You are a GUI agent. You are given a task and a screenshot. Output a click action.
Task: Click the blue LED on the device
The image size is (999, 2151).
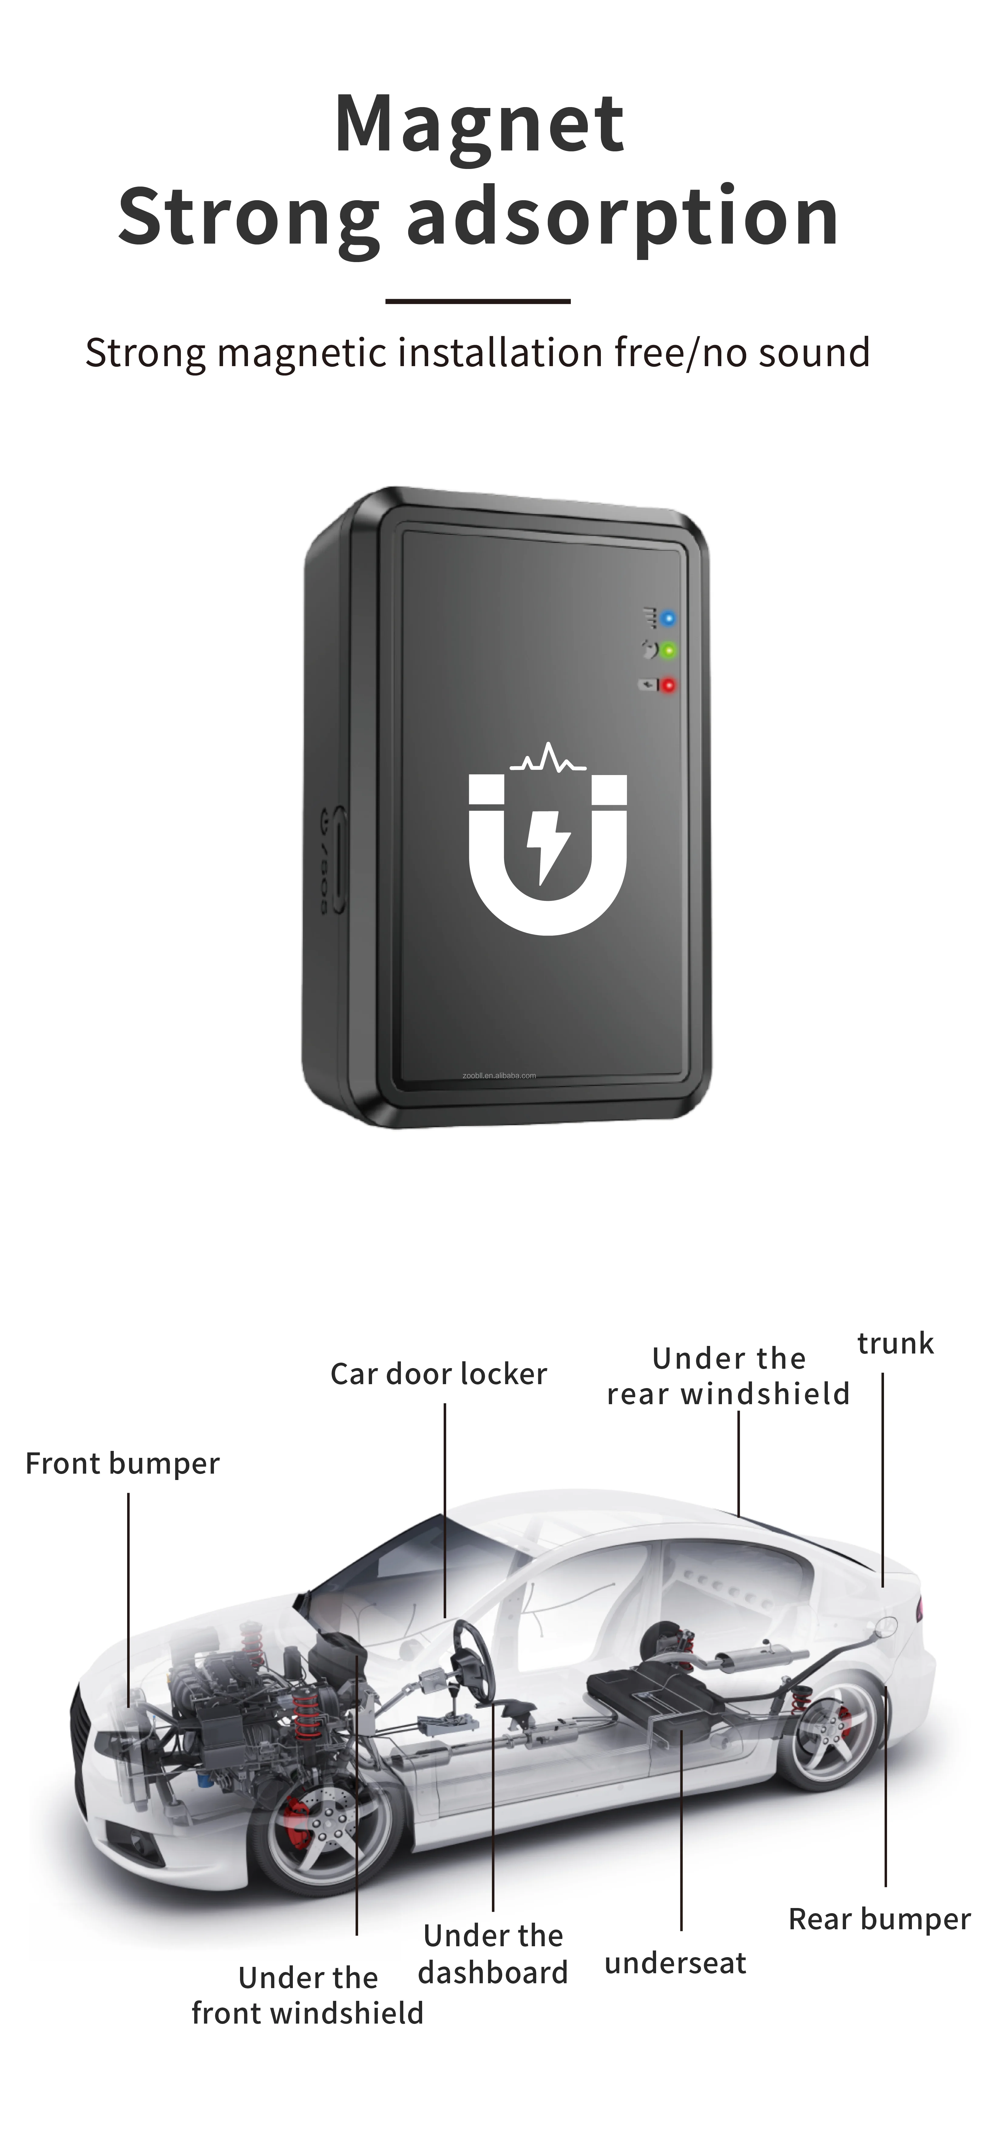(x=668, y=619)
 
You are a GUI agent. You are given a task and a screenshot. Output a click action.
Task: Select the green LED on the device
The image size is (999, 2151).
(x=668, y=650)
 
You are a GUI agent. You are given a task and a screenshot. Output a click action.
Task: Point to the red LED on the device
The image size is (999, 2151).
(x=668, y=686)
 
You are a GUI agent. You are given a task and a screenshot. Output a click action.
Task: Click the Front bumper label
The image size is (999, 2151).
(x=123, y=1463)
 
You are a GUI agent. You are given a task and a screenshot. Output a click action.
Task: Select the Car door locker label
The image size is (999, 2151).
(x=439, y=1374)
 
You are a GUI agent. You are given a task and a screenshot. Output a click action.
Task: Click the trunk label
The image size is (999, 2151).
(x=896, y=1344)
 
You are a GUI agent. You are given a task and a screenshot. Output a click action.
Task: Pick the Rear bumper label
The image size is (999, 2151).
(x=879, y=1919)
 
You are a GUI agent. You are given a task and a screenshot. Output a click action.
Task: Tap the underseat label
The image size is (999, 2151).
(x=675, y=1962)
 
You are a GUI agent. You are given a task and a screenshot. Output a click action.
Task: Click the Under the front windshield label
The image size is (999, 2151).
(x=307, y=1996)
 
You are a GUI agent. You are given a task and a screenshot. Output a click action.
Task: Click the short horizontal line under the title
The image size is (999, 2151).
(x=478, y=301)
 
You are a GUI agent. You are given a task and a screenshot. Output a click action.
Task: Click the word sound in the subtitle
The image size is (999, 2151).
(x=814, y=352)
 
